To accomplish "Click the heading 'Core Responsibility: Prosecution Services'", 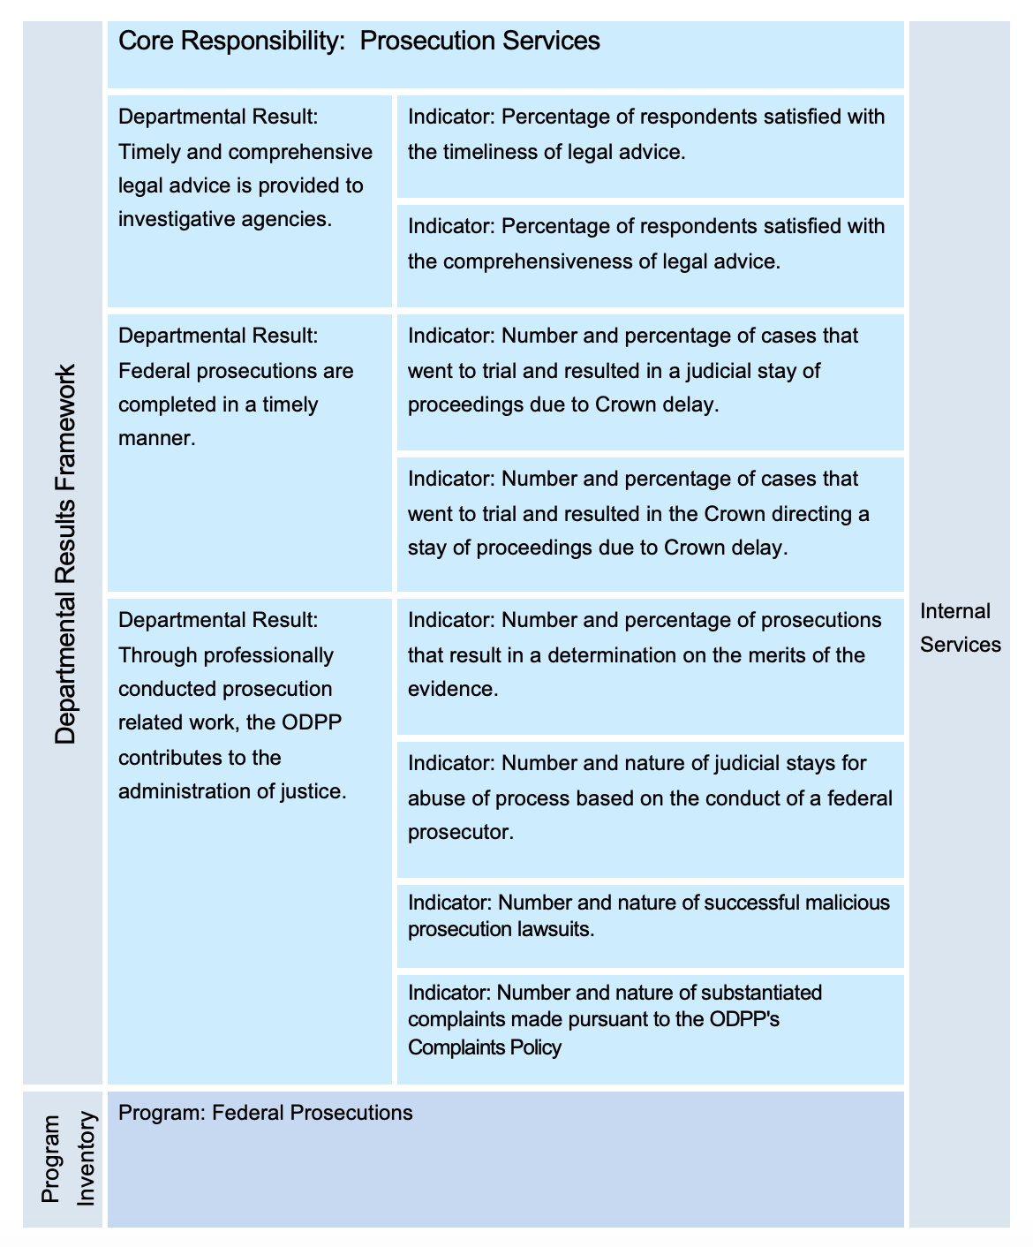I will coord(358,41).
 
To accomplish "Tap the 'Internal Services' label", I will coord(960,627).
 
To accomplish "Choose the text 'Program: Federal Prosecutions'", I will coord(265,1112).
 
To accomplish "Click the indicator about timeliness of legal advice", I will coord(646,134).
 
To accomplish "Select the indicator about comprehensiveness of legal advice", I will coord(646,244).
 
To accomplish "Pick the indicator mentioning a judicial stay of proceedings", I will coord(632,370).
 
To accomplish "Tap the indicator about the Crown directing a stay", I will coord(637,513).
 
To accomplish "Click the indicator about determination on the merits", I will coord(645,654).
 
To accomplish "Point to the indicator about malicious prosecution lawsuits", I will coord(649,916).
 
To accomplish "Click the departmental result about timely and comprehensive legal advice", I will coord(245,168).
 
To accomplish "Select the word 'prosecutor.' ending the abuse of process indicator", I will coord(460,832).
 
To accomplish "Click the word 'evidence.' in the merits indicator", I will coord(453,689).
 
